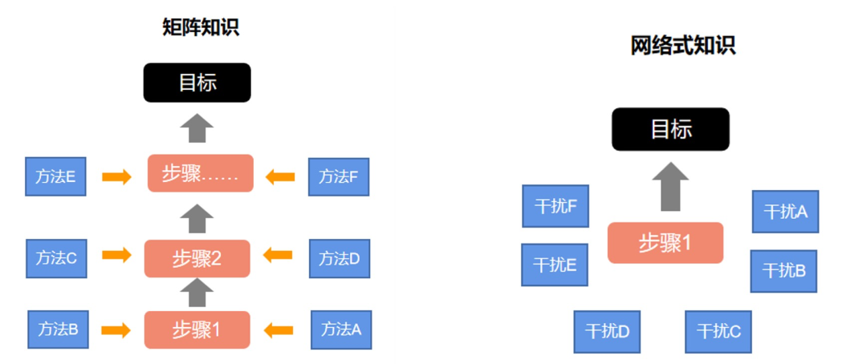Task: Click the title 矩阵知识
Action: point(201,27)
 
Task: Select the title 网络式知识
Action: point(682,47)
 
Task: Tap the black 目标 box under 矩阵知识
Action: point(197,83)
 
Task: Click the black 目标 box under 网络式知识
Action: point(670,129)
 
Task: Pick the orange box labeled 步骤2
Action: point(197,258)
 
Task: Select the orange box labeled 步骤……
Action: point(200,173)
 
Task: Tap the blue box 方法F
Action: point(338,176)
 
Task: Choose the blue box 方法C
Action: point(55,257)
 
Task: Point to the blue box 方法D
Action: point(339,258)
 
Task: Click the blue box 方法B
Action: point(57,329)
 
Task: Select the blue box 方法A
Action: point(341,329)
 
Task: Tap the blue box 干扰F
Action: point(555,206)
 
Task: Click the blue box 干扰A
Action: point(785,212)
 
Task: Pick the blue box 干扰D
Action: point(607,331)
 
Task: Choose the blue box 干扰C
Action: point(718,331)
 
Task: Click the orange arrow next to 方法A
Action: point(279,329)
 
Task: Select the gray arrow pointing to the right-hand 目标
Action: point(670,187)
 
